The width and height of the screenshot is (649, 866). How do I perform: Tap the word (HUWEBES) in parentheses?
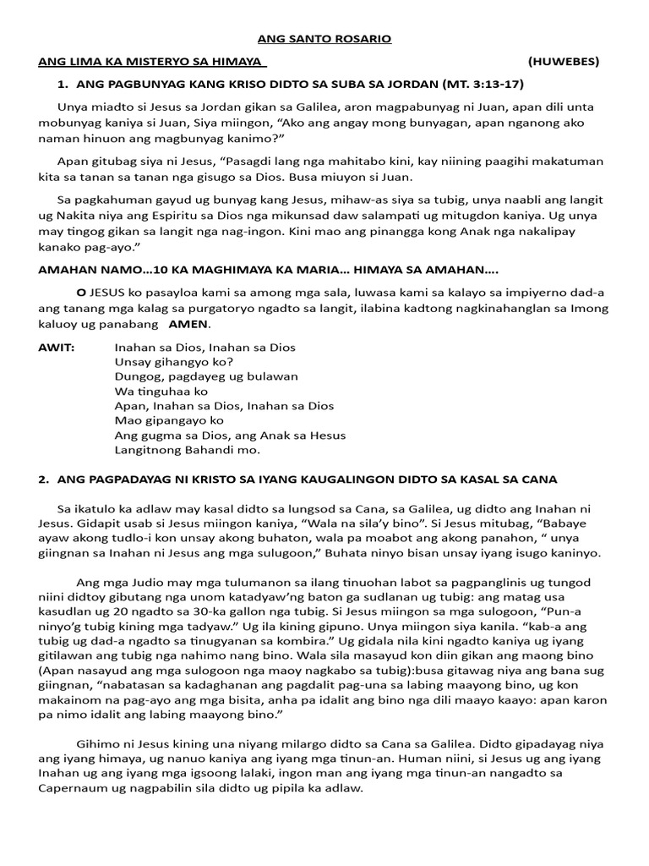pos(564,62)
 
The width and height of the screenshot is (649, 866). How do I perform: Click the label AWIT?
pos(57,348)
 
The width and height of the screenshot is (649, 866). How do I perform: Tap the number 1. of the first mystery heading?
pos(61,85)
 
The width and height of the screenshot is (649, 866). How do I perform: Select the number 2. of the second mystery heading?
pos(43,480)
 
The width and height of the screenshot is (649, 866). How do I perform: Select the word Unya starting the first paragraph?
pos(72,107)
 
